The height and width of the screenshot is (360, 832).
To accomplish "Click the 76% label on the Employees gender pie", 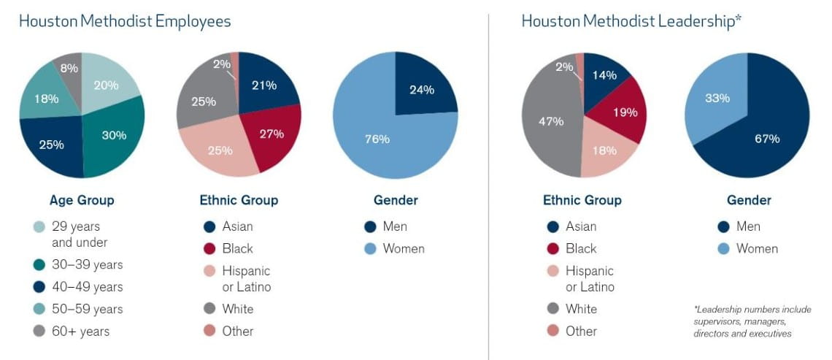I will pos(377,139).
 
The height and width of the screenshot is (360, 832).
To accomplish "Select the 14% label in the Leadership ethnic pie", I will pos(604,75).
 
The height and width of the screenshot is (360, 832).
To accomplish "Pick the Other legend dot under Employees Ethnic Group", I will pos(209,331).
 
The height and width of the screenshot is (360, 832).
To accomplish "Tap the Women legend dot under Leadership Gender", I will pos(723,248).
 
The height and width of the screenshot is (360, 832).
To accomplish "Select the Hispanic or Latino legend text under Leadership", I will pos(590,278).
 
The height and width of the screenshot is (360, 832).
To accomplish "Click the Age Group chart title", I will pos(82,200).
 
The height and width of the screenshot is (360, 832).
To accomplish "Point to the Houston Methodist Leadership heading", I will pos(631,21).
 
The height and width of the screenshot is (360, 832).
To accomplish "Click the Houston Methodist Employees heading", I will pos(125,21).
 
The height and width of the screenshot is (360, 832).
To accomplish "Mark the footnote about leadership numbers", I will pos(752,321).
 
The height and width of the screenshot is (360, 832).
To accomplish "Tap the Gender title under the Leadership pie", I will pos(749,200).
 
